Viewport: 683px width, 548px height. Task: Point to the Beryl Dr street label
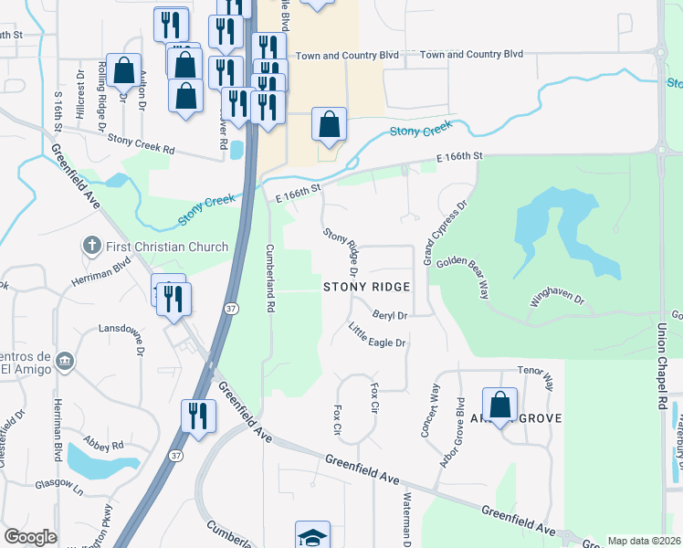(x=388, y=314)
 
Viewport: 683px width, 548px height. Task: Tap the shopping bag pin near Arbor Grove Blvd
(x=500, y=405)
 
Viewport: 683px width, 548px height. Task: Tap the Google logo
(x=30, y=537)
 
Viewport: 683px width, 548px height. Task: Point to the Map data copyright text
(x=644, y=541)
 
